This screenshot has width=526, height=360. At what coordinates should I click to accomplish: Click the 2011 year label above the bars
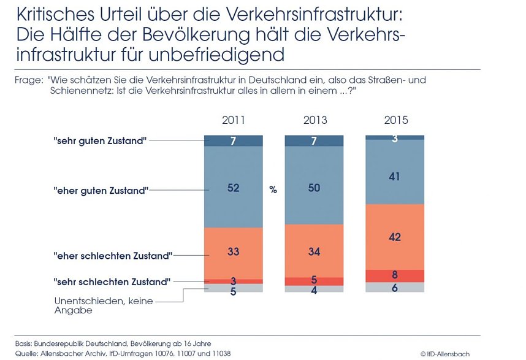click(x=233, y=120)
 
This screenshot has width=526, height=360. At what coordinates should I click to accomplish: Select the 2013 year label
click(x=314, y=120)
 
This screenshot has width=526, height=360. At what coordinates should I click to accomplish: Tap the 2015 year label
click(x=395, y=120)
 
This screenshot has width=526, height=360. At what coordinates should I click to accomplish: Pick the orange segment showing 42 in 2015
click(x=395, y=237)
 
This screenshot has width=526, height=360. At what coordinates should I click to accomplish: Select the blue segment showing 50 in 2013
click(x=314, y=188)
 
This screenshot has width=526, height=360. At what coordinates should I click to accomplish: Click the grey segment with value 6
click(x=395, y=287)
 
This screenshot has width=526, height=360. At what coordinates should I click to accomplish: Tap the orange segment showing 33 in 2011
click(x=233, y=251)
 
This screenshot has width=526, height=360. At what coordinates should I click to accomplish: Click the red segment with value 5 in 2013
click(x=314, y=281)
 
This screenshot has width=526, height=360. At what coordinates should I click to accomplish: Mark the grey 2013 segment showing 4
click(x=314, y=289)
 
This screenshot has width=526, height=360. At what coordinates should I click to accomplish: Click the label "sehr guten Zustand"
click(x=99, y=140)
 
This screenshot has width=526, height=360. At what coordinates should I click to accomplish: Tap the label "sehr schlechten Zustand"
click(x=111, y=282)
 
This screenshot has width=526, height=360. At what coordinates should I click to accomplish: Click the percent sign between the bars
click(x=273, y=190)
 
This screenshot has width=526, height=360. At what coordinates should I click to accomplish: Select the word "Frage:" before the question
click(x=27, y=80)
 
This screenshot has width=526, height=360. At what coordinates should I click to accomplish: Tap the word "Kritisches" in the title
click(x=55, y=13)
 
